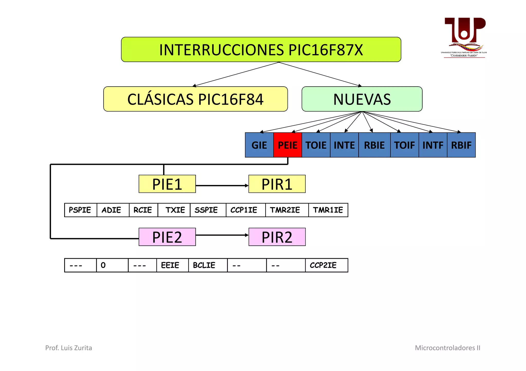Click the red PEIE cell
[x=287, y=145]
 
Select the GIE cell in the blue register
[x=259, y=145]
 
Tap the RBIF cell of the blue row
[x=461, y=145]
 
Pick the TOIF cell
[x=404, y=145]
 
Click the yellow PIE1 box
[x=167, y=184]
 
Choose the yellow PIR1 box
[x=277, y=184]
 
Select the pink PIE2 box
[x=167, y=237]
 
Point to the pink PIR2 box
[x=277, y=237]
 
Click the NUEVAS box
[x=362, y=99]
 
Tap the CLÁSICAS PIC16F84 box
[x=195, y=99]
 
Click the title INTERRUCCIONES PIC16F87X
[x=261, y=50]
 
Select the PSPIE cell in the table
[x=80, y=210]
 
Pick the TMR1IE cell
[x=328, y=210]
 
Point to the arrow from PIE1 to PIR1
[x=222, y=185]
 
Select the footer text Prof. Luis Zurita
[x=69, y=348]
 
